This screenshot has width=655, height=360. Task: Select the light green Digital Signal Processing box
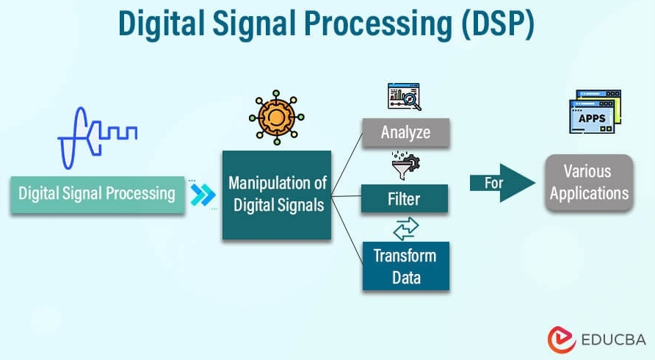point(97,194)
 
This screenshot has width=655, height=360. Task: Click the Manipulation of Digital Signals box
point(277,194)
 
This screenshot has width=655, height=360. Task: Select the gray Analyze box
point(405,133)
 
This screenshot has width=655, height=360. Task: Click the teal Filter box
point(404,198)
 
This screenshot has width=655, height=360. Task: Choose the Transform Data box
point(404,266)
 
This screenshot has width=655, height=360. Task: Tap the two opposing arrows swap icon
point(405,228)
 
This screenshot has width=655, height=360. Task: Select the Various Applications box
point(589,183)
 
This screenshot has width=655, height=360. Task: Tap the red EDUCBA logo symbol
point(562,339)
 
